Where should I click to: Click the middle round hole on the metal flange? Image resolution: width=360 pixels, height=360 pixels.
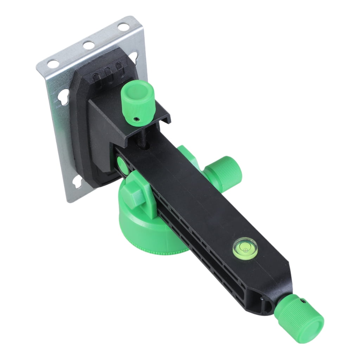[88, 45]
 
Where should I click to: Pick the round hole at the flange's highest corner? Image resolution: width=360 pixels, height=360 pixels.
[123, 26]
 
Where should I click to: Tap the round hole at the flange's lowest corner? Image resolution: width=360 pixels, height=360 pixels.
[53, 64]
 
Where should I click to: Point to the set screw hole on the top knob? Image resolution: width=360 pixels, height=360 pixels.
[136, 120]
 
